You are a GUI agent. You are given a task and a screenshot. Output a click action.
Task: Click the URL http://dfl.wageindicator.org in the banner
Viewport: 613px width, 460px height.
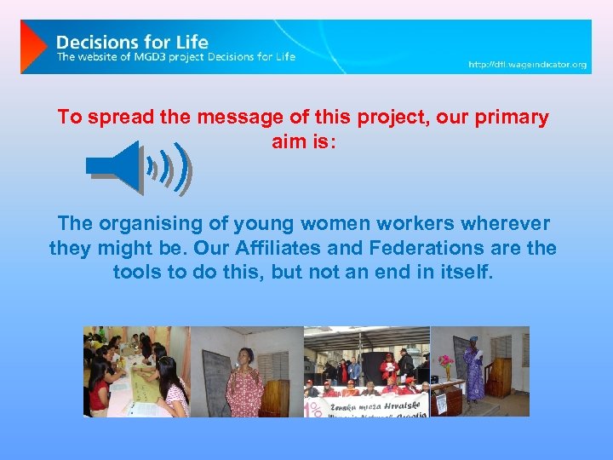point(527,65)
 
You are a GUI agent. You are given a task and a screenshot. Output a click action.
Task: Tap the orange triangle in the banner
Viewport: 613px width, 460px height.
point(33,46)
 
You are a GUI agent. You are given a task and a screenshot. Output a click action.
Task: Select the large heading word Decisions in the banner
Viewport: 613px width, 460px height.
point(97,41)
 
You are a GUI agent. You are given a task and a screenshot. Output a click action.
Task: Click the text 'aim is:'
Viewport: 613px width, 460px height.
point(304,142)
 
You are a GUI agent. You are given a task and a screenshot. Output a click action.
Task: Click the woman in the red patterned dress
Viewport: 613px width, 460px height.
point(245,381)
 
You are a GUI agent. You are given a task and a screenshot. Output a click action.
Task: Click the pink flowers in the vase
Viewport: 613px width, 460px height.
point(446,362)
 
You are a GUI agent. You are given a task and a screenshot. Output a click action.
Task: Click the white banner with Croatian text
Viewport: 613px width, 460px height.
point(366,406)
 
